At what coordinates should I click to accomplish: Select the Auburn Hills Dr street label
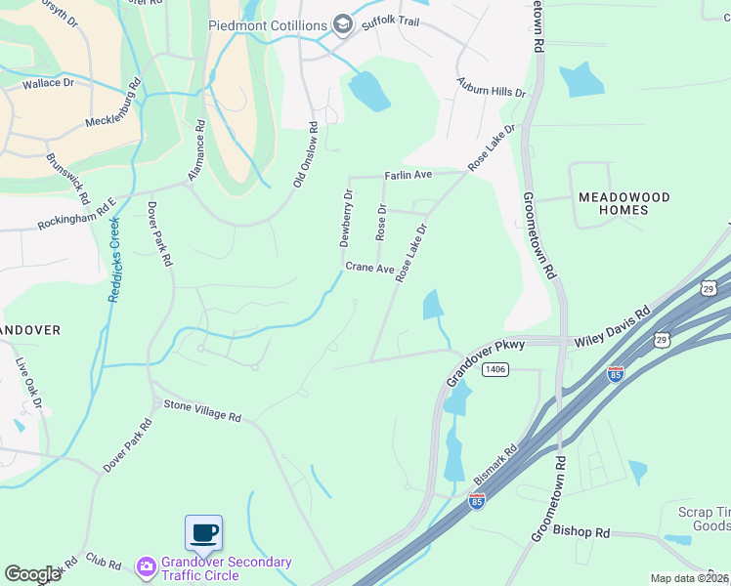click(492, 90)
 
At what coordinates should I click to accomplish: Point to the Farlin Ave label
click(408, 175)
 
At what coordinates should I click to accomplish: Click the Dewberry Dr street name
click(346, 218)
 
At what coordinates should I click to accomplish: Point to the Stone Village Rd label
click(201, 410)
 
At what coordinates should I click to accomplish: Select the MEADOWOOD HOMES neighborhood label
click(624, 203)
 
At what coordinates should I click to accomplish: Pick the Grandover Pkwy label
click(486, 360)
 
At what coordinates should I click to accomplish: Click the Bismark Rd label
click(495, 466)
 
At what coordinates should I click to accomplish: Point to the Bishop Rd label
click(581, 532)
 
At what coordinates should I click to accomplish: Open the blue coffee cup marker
click(203, 533)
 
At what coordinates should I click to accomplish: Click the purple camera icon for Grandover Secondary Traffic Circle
click(147, 566)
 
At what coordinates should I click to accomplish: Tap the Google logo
click(32, 574)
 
